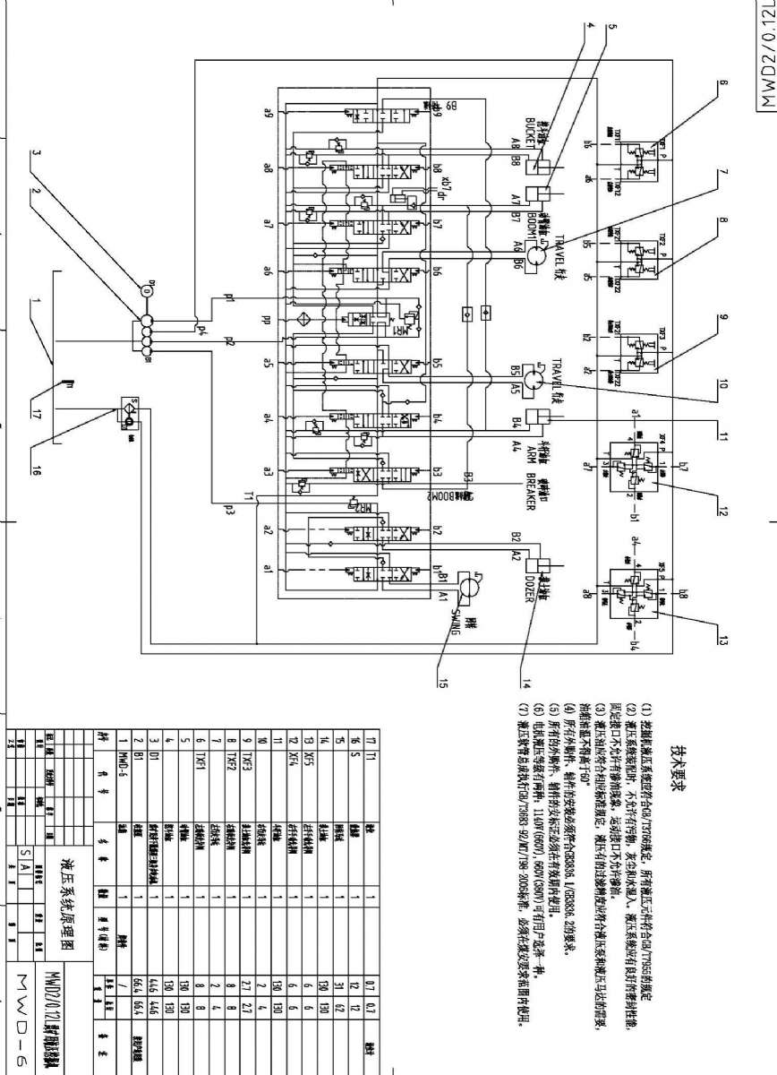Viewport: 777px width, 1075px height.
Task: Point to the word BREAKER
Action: tap(530, 491)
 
